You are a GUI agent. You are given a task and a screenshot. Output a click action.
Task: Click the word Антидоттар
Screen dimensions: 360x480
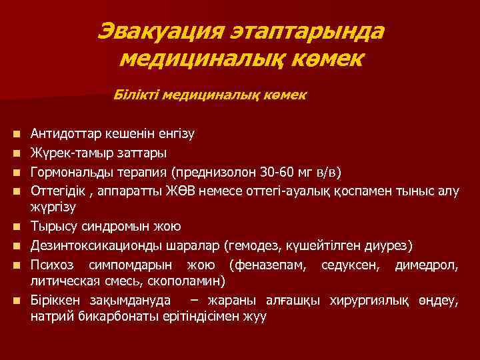click(61, 133)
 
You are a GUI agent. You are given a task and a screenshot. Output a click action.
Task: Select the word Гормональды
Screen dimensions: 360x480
click(67, 172)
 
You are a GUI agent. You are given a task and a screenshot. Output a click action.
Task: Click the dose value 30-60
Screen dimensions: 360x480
click(274, 172)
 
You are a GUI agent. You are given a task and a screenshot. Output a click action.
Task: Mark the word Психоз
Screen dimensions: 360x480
click(49, 265)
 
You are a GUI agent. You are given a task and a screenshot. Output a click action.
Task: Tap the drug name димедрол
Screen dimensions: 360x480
click(426, 265)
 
